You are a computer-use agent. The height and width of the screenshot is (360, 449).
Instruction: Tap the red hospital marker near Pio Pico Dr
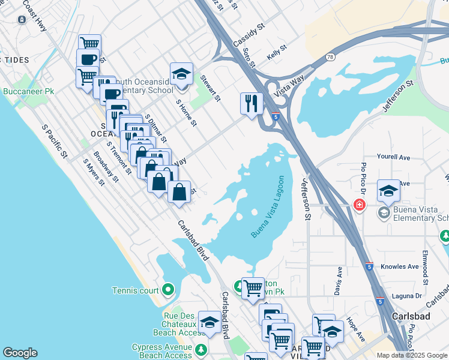pos(360,205)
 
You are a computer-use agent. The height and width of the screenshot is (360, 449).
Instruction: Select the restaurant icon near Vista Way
pos(252,103)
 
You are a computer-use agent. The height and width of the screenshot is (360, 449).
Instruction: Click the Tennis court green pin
pos(168,290)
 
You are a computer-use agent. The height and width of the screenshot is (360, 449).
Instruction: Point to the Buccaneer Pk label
pos(29,92)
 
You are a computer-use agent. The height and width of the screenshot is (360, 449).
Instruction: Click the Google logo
pos(20,353)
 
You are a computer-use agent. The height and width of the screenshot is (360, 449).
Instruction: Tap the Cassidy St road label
pos(249,37)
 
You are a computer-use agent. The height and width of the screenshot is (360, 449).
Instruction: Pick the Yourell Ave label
pos(393,157)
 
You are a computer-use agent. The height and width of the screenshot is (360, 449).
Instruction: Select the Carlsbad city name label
pos(412,316)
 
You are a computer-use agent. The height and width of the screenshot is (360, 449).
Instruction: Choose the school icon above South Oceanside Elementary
pos(181,74)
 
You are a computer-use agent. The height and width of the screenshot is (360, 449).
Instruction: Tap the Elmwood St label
pos(425,267)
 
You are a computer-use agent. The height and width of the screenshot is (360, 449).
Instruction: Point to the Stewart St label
pos(211,88)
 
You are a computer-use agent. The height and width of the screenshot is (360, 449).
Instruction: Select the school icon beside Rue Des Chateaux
pos(209,323)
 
